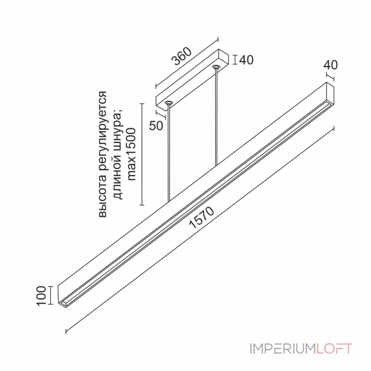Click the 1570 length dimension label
pos(202,217)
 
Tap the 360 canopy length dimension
pos(182,56)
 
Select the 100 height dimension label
pos(41,296)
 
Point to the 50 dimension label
pos(156,126)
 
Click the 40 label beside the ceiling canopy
pos(246,60)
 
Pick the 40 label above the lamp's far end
pos(331,65)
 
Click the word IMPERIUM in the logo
pos(283,349)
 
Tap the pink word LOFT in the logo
pos(334,349)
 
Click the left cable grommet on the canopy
pos(168,103)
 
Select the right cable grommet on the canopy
pos(216,66)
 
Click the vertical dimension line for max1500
pos(142,154)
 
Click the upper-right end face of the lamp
pos(330,93)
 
